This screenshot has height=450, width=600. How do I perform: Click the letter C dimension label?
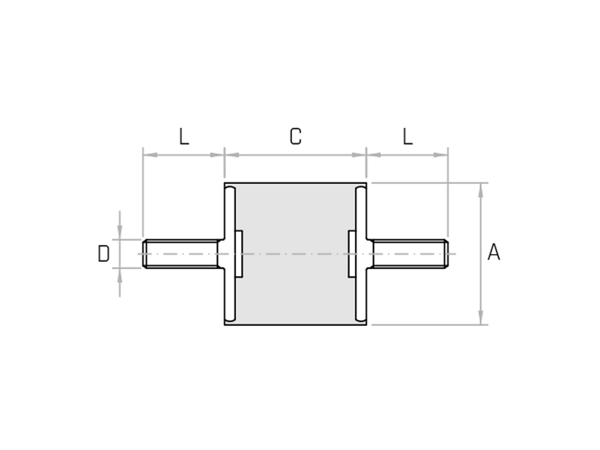pyautogui.click(x=296, y=137)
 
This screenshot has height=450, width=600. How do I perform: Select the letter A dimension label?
pyautogui.click(x=494, y=252)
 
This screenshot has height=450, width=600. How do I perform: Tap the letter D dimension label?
pyautogui.click(x=104, y=254)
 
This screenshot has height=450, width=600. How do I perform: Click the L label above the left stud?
pyautogui.click(x=184, y=137)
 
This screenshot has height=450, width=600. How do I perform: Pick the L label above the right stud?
pyautogui.click(x=408, y=137)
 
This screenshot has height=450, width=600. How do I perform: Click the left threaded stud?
pyautogui.click(x=182, y=254)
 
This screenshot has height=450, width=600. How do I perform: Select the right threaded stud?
pyautogui.click(x=409, y=254)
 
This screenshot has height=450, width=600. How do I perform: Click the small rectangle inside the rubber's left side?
pyautogui.click(x=239, y=254)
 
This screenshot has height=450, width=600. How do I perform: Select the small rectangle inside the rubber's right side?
pyautogui.click(x=352, y=254)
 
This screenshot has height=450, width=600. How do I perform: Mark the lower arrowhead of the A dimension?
pyautogui.click(x=480, y=317)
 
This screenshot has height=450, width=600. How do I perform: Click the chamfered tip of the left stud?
pyautogui.click(x=145, y=254)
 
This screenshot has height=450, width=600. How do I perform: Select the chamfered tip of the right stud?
pyautogui.click(x=446, y=254)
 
